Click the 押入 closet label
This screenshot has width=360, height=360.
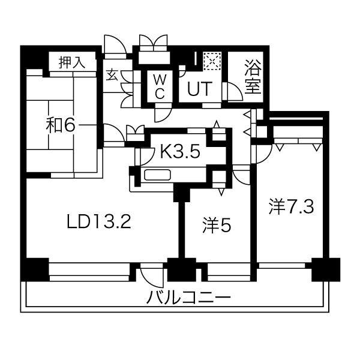[x=72, y=62]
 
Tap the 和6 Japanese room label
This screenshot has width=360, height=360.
[x=61, y=125]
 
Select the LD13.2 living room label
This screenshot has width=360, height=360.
[x=99, y=221]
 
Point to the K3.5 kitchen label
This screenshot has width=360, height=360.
[x=180, y=151]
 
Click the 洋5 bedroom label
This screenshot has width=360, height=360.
[x=217, y=225]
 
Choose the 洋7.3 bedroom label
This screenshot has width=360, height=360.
[x=291, y=206]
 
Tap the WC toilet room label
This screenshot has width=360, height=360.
[x=160, y=87]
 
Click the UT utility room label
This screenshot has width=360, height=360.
[x=199, y=89]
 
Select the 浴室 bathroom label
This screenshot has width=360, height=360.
[x=253, y=77]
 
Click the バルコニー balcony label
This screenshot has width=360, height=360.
[x=188, y=296]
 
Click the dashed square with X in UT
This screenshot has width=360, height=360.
[x=212, y=61]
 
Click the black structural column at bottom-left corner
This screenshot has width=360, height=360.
[x=35, y=269]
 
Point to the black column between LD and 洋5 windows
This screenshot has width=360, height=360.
[x=182, y=269]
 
